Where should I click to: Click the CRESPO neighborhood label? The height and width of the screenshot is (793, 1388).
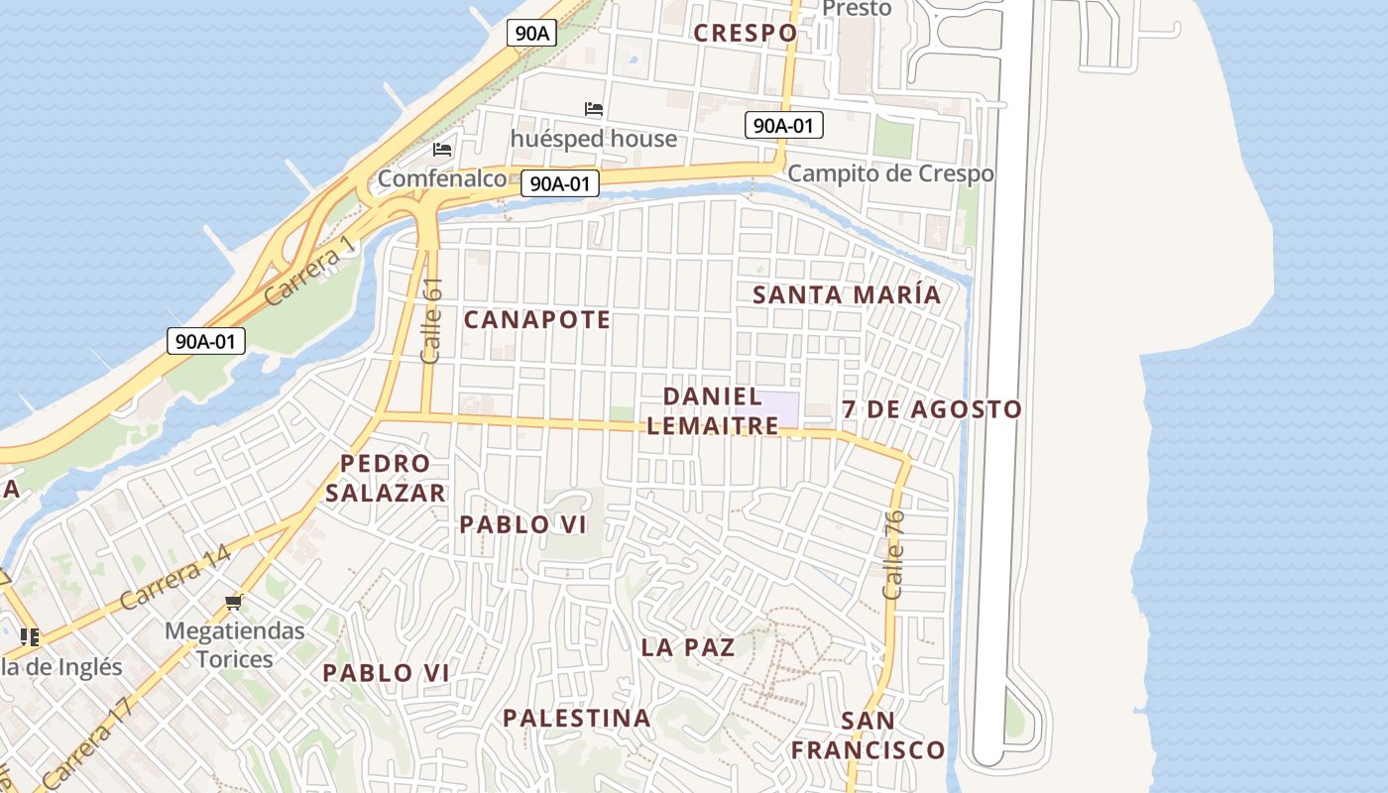(745, 33)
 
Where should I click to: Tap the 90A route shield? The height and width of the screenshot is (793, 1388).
(532, 33)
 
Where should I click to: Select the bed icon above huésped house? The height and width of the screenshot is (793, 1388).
(594, 109)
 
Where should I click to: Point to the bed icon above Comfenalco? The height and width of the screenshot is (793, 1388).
(442, 150)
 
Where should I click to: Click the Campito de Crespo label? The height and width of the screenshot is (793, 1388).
(889, 173)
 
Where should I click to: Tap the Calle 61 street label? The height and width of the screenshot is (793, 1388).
(432, 319)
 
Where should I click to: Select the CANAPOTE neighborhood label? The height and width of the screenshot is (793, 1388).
(537, 319)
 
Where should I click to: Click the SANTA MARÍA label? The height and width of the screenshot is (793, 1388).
(846, 294)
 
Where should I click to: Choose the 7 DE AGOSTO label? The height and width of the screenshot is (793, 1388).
(932, 409)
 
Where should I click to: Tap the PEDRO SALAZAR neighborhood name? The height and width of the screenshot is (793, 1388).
(386, 478)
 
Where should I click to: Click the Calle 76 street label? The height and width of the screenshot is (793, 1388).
(893, 554)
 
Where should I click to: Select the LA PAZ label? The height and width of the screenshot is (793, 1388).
(688, 647)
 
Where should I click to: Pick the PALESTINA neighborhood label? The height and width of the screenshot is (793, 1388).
(576, 718)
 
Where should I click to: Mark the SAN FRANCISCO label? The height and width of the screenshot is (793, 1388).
(867, 736)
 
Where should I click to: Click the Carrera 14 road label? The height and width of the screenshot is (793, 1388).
(175, 578)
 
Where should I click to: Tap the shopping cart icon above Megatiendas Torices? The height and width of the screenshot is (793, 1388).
(234, 602)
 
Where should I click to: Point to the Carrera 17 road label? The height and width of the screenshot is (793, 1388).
(87, 742)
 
